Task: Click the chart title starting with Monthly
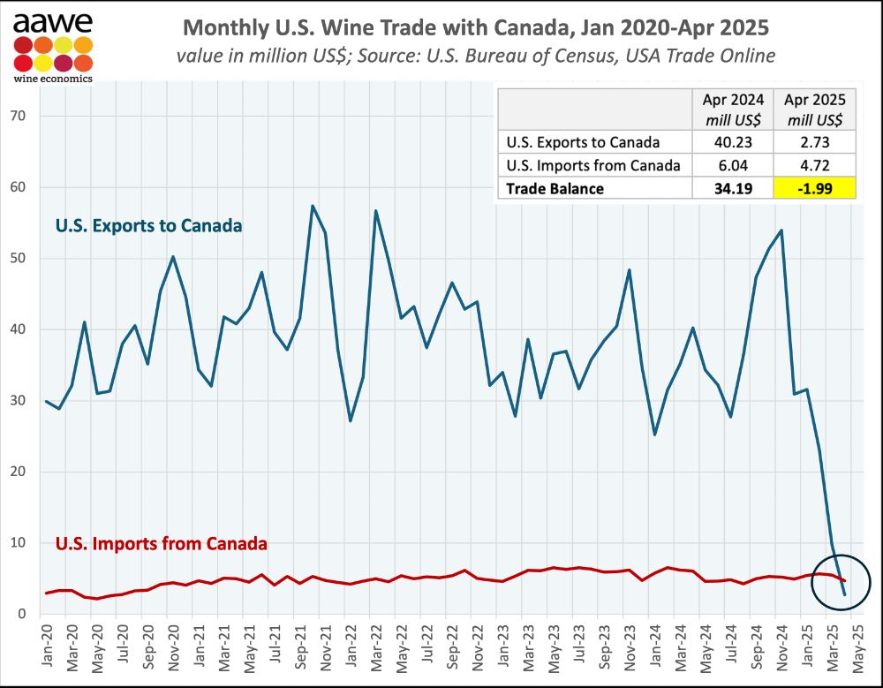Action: point(474,27)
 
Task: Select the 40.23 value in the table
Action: point(732,141)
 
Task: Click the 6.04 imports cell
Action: point(732,164)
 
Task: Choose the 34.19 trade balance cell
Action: point(732,188)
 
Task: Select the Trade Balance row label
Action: point(555,188)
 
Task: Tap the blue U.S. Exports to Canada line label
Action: point(148,226)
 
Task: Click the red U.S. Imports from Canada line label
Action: point(162,543)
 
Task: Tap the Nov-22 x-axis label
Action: point(477,646)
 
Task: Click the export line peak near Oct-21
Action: point(313,206)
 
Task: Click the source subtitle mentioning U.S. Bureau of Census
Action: point(475,56)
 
